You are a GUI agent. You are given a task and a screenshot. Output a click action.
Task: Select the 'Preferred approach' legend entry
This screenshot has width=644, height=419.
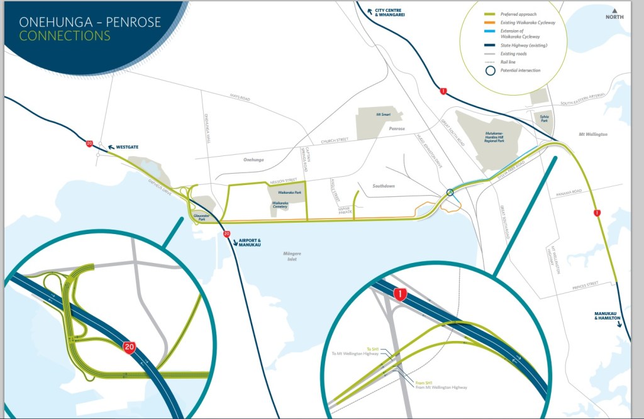pyautogui.click(x=518, y=14)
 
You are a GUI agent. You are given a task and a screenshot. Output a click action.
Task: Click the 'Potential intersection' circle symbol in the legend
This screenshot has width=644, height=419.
pyautogui.click(x=489, y=70)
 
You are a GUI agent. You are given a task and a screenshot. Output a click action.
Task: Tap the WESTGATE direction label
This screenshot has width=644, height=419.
pyautogui.click(x=125, y=147)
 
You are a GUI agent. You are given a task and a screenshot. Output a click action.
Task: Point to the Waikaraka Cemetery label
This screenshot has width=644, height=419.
pyautogui.click(x=280, y=205)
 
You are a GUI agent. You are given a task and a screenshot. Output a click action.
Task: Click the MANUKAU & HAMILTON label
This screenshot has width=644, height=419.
pyautogui.click(x=607, y=316)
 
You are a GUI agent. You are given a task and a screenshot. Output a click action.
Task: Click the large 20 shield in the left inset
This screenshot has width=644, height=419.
pyautogui.click(x=130, y=347)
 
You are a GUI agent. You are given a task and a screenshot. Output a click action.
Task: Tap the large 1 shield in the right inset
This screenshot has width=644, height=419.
pyautogui.click(x=398, y=294)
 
